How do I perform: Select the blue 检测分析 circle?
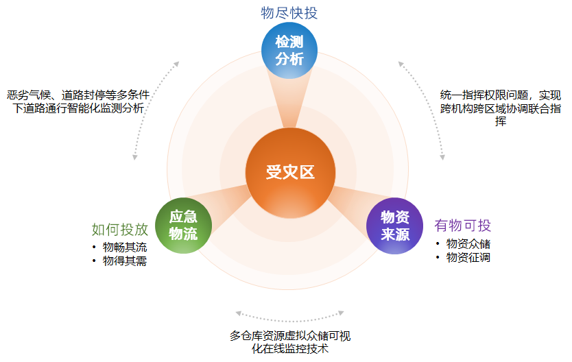[289, 50]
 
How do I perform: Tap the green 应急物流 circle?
[183, 226]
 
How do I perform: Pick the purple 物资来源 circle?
[394, 226]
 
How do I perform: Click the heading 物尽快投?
[289, 13]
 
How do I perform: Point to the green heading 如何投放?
[120, 229]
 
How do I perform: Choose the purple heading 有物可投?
[463, 226]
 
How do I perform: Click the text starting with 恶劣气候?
[78, 101]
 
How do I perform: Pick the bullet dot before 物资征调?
[437, 258]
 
